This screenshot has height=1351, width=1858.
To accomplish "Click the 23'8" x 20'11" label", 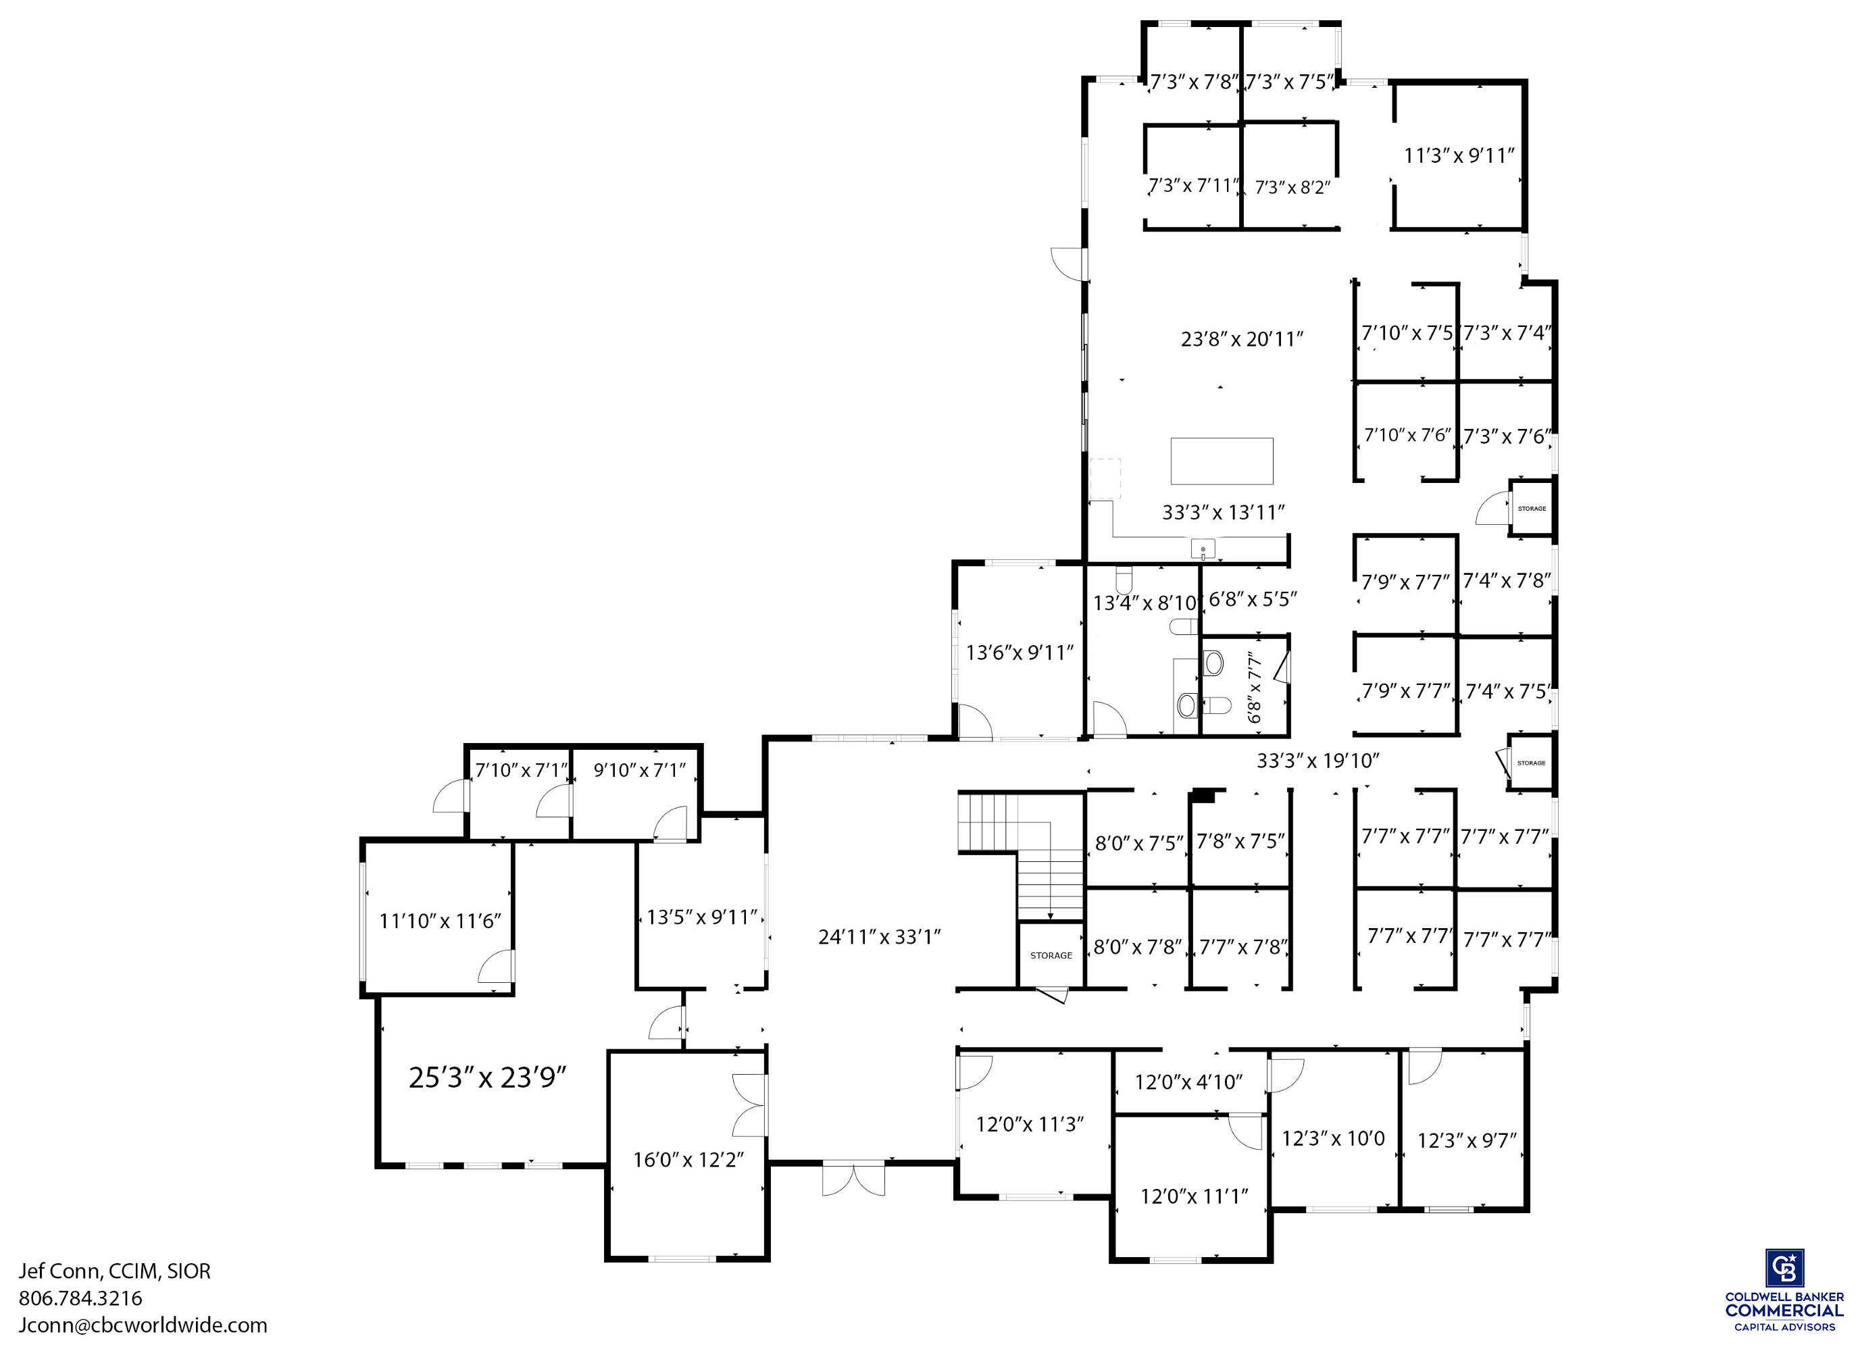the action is click(x=1242, y=338).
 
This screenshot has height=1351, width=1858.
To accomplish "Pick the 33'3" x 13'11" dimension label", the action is click(x=1223, y=512).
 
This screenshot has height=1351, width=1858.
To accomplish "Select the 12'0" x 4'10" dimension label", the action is click(x=1188, y=1082).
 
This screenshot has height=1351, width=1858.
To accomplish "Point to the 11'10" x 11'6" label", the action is click(x=440, y=921).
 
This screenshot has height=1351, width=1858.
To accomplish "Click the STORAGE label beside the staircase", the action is click(x=1051, y=955).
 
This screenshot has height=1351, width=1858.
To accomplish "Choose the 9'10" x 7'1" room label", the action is click(x=640, y=769).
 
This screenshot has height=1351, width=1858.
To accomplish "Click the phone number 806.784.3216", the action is click(x=80, y=1298).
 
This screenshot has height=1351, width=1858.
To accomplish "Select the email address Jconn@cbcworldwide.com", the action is click(x=143, y=1325).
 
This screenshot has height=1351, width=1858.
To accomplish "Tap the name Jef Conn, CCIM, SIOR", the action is click(x=115, y=1271).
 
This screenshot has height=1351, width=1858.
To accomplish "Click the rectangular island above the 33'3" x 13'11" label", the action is click(x=1222, y=461).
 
